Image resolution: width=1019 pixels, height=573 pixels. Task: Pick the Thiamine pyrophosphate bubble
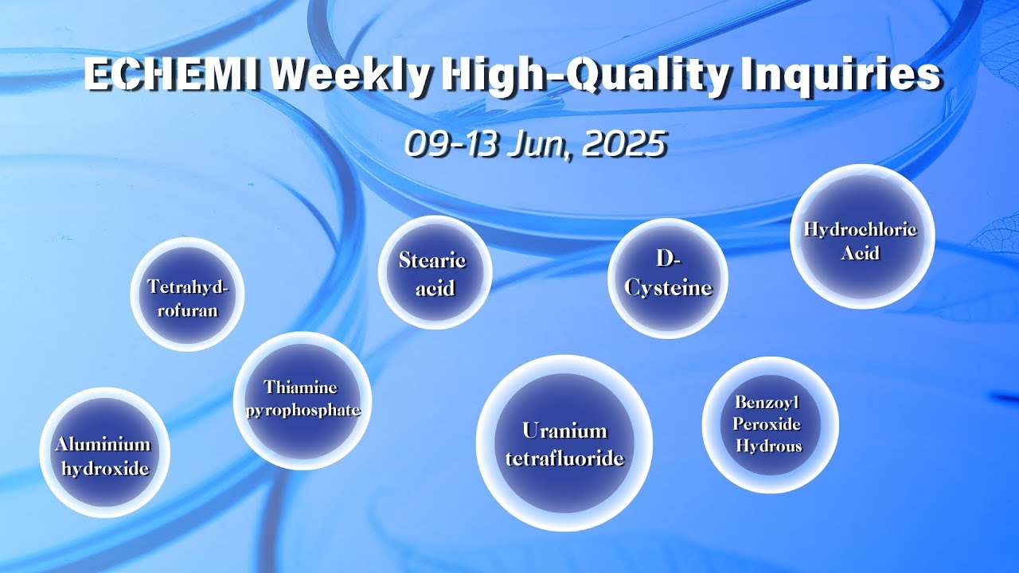tap(303, 400)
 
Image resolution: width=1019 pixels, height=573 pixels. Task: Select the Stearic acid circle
tap(435, 273)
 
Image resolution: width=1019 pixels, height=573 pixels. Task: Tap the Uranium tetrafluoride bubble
tap(564, 442)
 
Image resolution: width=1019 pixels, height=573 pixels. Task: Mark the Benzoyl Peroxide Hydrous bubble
tap(770, 425)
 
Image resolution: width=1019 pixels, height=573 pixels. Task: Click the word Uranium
tap(564, 431)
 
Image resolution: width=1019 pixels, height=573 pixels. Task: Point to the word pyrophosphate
tap(303, 411)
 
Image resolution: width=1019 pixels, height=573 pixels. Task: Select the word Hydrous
tap(769, 446)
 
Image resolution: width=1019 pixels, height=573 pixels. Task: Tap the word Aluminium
tap(103, 444)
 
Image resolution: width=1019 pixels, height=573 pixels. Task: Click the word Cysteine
tap(668, 288)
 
